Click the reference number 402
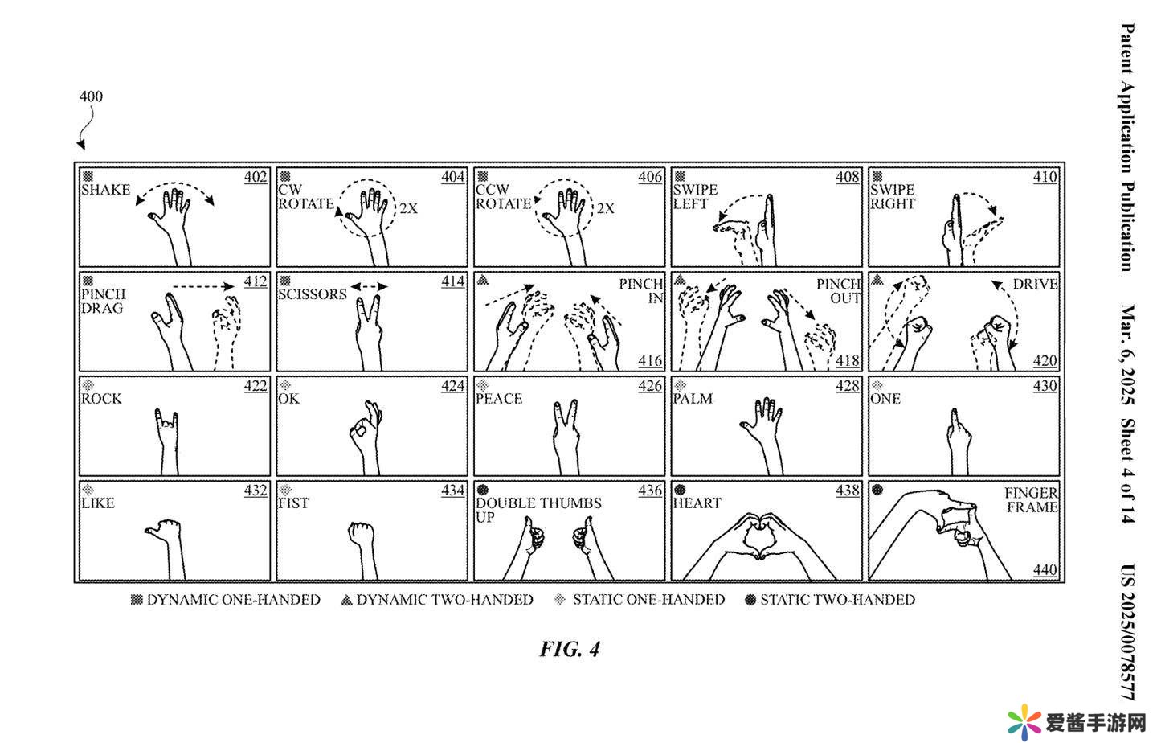pos(256,177)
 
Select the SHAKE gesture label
pos(105,190)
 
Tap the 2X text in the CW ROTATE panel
pos(408,208)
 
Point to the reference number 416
pos(651,361)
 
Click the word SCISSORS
pos(313,294)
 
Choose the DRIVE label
pos(1035,284)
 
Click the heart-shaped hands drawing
pos(758,539)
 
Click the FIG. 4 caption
pos(570,649)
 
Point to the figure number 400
pos(91,96)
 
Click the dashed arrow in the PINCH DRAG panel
pos(203,285)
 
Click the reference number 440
pos(1045,570)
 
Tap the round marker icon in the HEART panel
pos(680,490)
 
